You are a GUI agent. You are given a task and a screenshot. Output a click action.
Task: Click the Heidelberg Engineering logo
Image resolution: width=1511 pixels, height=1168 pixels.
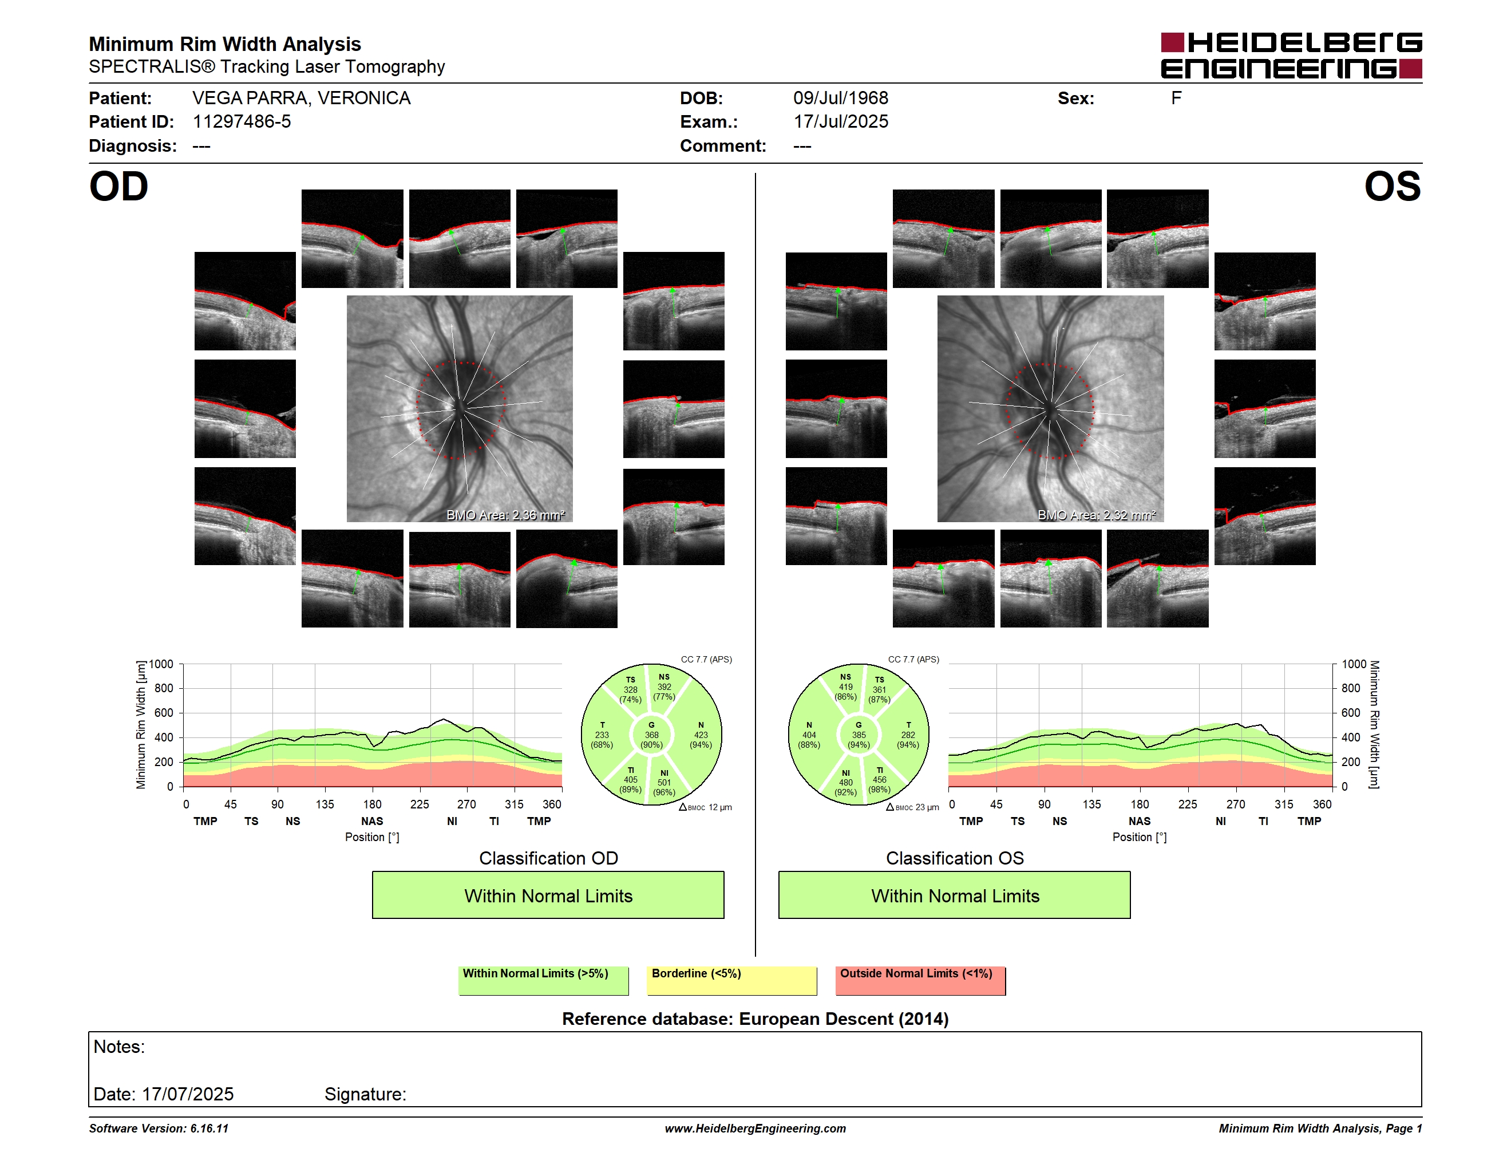(1291, 56)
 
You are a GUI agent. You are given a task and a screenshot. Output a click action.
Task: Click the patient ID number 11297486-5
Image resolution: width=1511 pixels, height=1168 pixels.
(242, 122)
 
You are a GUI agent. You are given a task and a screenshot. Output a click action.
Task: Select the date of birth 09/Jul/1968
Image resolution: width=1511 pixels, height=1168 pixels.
(841, 98)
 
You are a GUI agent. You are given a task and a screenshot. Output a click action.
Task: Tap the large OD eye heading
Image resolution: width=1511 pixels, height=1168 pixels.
(119, 187)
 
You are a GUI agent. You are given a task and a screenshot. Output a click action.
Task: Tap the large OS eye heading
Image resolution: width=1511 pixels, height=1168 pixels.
(1392, 187)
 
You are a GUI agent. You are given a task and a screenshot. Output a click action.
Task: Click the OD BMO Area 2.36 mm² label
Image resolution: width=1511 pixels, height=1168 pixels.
(506, 515)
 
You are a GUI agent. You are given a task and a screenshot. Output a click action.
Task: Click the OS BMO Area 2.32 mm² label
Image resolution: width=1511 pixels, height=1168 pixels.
(1097, 515)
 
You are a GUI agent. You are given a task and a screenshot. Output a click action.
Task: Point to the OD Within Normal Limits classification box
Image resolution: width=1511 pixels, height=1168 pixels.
(548, 895)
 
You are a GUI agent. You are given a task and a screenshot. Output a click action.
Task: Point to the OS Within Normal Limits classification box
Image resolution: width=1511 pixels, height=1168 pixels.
(955, 895)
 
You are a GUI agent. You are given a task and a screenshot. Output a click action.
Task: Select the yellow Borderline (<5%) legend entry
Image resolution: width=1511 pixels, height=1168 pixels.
(731, 980)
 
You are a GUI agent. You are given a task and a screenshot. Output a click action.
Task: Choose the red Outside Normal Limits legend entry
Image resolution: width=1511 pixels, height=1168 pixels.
(920, 980)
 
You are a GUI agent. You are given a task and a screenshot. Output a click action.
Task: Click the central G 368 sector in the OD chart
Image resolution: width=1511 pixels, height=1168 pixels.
(651, 735)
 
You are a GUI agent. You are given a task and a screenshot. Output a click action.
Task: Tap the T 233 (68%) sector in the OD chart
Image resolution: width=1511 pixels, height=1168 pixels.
(602, 735)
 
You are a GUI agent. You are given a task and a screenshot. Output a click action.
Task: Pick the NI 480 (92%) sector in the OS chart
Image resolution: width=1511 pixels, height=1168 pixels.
(845, 783)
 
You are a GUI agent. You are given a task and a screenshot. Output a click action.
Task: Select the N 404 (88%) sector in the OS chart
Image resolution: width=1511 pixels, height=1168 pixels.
(809, 735)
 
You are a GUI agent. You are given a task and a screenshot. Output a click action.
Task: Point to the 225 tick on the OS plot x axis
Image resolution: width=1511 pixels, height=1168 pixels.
(1187, 804)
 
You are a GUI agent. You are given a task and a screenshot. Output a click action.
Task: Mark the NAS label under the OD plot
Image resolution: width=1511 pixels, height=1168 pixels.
(372, 822)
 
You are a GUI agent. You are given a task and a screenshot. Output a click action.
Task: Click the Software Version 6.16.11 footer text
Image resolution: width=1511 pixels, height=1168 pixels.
(159, 1128)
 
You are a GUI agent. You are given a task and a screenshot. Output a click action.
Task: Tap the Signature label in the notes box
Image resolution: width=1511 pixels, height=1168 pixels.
(365, 1094)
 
